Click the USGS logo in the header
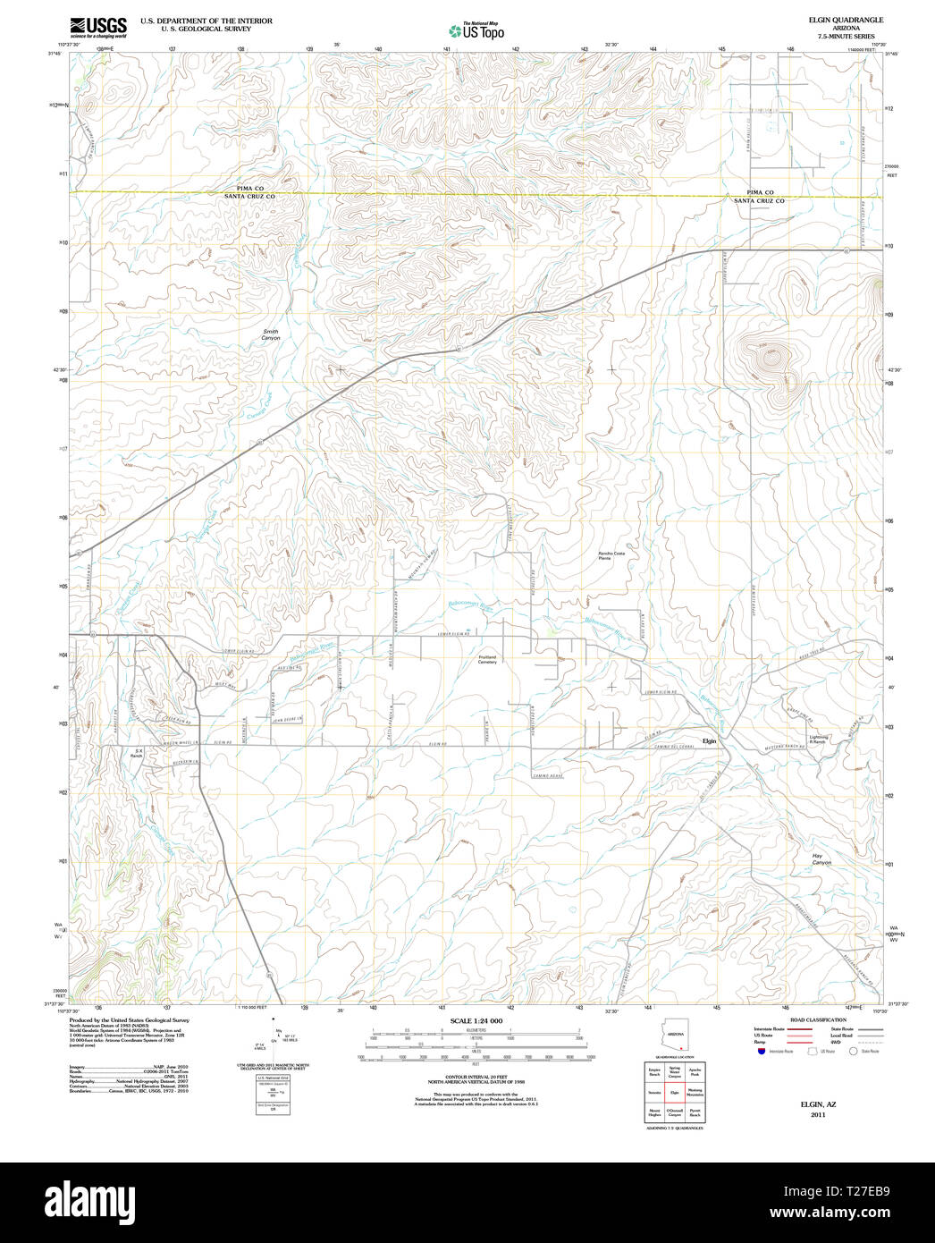pyautogui.click(x=97, y=26)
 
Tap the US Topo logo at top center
pyautogui.click(x=476, y=31)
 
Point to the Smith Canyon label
pyautogui.click(x=270, y=334)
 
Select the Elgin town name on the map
pyautogui.click(x=709, y=741)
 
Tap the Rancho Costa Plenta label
pyautogui.click(x=611, y=555)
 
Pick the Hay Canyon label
pyautogui.click(x=821, y=859)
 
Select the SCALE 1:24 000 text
pyautogui.click(x=476, y=1021)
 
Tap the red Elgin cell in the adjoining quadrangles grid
pyautogui.click(x=675, y=1092)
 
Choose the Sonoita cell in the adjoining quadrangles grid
pyautogui.click(x=655, y=1092)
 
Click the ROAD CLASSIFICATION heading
pyautogui.click(x=818, y=1020)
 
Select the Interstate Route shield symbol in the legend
pyautogui.click(x=761, y=1052)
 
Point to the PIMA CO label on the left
pyautogui.click(x=250, y=189)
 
